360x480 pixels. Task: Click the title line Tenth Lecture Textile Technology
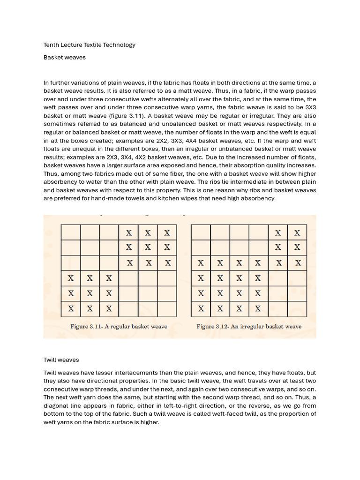coord(90,45)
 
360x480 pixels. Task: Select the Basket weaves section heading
coord(65,57)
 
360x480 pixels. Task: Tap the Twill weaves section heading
coord(61,360)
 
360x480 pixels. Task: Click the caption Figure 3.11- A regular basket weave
coord(119,326)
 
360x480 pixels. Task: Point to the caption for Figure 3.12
coord(249,326)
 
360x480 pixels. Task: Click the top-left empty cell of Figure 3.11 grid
coord(71,233)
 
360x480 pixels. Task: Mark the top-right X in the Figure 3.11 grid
coord(167,233)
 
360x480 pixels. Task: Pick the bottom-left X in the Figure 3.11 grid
coord(71,308)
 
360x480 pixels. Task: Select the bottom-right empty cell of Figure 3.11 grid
coord(167,308)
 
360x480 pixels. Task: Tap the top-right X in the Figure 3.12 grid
coord(297,233)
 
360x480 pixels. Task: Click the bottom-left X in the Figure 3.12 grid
coord(201,308)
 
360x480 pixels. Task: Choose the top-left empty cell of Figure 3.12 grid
coord(201,233)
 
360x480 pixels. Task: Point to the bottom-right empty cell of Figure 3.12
coord(297,308)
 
